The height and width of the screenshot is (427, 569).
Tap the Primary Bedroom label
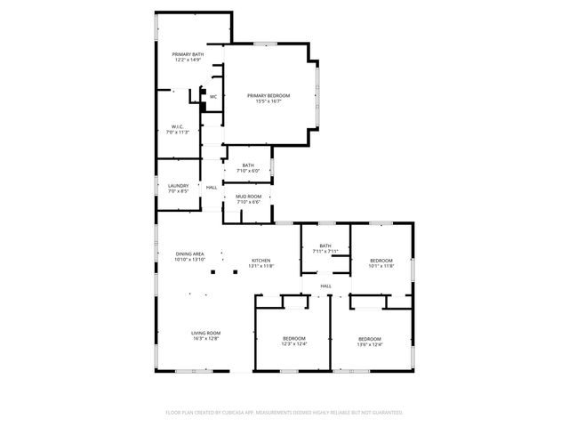[268, 95]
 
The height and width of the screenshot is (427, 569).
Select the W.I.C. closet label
[177, 127]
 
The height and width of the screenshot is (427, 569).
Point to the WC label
[213, 97]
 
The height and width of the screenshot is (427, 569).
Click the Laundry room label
[178, 186]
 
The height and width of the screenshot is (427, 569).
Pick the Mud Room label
[249, 196]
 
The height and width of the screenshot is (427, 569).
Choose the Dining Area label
[190, 254]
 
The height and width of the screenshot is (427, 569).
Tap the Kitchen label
[260, 260]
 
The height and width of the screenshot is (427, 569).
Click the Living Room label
[205, 333]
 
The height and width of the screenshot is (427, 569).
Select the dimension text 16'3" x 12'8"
[205, 339]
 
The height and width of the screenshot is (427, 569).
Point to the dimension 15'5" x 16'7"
[268, 101]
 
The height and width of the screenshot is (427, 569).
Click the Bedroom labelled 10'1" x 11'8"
[381, 260]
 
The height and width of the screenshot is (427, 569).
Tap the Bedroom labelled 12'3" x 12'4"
[294, 338]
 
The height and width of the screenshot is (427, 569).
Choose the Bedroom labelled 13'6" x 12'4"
[370, 338]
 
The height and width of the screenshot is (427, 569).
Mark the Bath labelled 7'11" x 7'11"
[325, 246]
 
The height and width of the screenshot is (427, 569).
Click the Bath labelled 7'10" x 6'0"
[248, 165]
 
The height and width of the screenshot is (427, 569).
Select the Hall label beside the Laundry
[212, 188]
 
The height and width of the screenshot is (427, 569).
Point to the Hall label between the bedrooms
[326, 286]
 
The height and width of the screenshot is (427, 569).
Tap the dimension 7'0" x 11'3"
[177, 133]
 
